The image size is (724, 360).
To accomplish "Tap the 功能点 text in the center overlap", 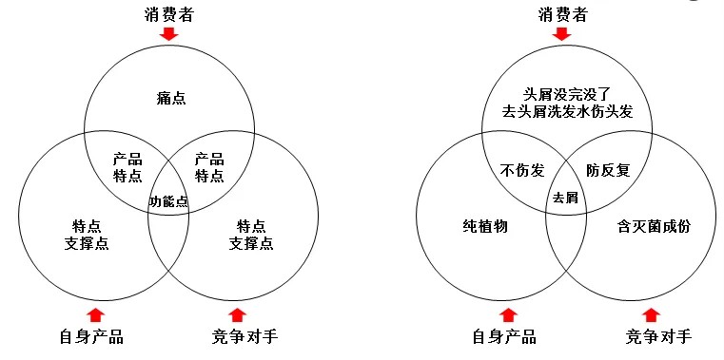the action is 168,200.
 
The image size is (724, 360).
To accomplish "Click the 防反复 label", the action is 607,170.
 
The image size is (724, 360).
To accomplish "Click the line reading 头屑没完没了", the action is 567,95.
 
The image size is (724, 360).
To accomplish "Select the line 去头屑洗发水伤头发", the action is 567,112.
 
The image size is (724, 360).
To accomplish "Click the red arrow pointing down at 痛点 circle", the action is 169,35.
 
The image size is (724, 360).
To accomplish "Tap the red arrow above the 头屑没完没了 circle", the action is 562,35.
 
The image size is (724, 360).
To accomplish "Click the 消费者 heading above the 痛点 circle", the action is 169,12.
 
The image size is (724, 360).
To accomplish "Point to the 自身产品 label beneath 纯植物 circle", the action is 504,336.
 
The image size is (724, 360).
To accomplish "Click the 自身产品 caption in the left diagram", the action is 91,336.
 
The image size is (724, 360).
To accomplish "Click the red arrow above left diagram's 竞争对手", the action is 238,313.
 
